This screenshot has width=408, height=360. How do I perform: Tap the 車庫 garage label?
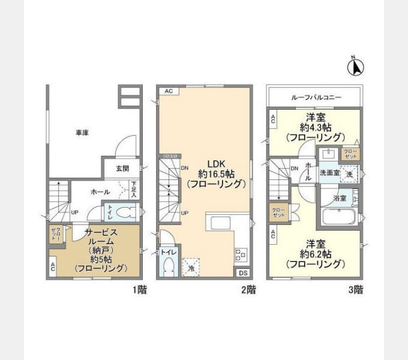coord(82,132)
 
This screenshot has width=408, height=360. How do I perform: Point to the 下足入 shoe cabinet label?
coord(134,190)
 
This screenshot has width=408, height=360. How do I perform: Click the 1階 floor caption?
coord(140,290)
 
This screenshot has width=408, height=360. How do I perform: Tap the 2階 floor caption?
coord(249,290)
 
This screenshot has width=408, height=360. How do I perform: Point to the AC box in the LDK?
coord(169,91)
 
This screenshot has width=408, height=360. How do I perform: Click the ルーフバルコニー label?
coord(316,97)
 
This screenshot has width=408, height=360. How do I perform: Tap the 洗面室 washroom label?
coord(329,172)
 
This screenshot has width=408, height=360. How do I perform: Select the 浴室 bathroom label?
coord(340,197)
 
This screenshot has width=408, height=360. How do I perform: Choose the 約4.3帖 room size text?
coord(317,127)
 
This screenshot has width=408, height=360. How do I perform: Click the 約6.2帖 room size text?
coord(317,254)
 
